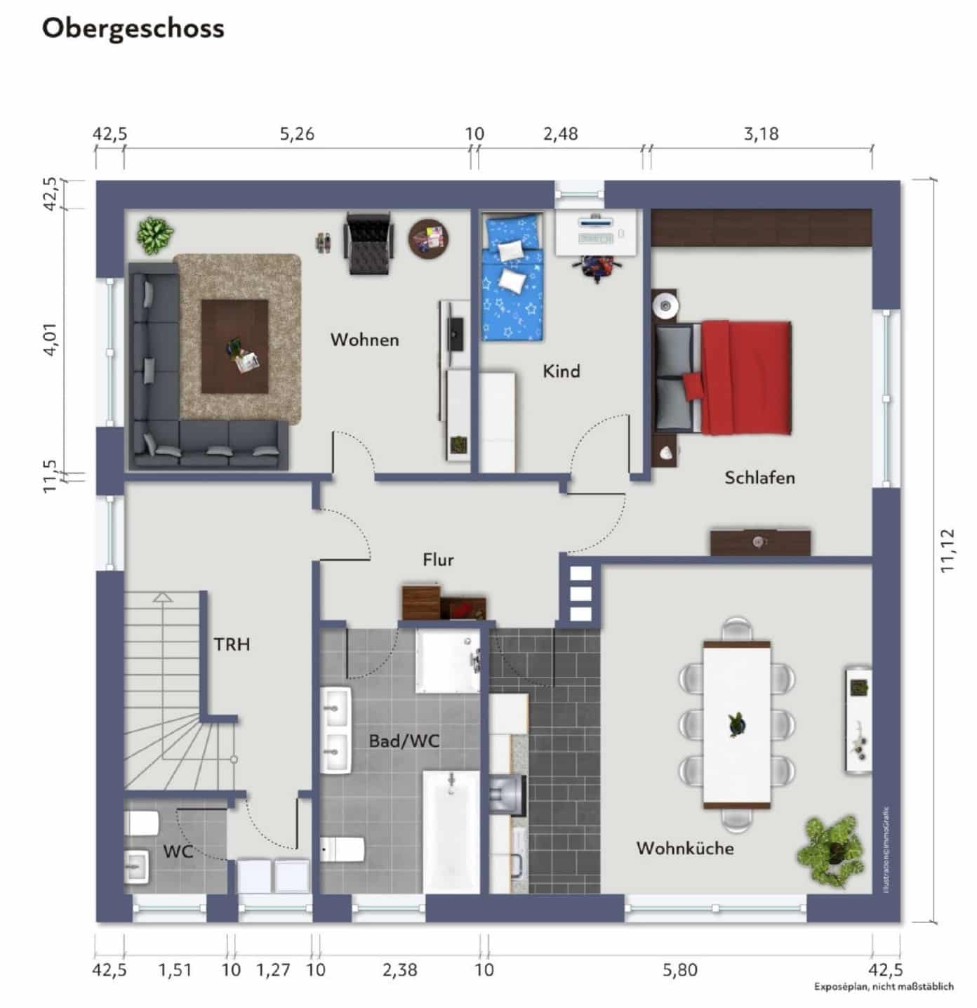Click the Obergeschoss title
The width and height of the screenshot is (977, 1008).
coord(133,29)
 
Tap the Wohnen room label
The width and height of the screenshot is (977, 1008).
coord(364,340)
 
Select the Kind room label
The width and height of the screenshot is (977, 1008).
coord(561,371)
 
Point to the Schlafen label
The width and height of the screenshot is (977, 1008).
coord(759,478)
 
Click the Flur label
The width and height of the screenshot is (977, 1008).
coord(438,559)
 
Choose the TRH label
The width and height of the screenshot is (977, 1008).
coord(232,644)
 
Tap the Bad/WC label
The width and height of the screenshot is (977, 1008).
coord(404,741)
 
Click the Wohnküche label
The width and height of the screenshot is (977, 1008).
coord(685,848)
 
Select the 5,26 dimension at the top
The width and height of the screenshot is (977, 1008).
coord(297,133)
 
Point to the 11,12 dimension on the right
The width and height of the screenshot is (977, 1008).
coord(948,551)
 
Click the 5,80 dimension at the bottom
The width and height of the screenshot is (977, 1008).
coord(680,970)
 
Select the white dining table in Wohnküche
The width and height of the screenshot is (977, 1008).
coord(737,723)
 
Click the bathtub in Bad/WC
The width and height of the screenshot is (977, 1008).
coord(451,832)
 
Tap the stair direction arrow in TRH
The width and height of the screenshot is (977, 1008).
coord(163,598)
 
